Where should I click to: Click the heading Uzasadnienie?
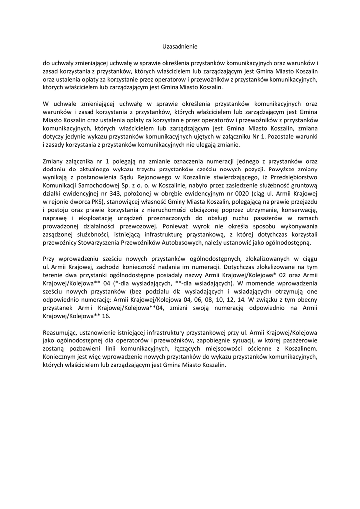coord(180,46)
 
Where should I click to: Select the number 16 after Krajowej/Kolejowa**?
coord(105,316)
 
